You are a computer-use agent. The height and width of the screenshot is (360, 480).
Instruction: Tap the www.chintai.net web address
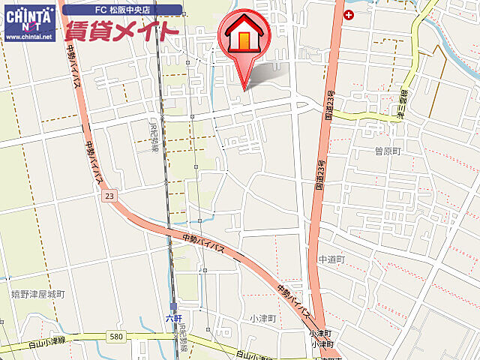click(x=28, y=36)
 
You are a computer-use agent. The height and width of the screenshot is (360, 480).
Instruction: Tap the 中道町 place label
click(x=331, y=259)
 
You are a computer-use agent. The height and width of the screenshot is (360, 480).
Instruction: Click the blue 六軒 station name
click(x=174, y=318)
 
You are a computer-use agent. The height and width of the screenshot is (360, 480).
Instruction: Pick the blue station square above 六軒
click(x=173, y=307)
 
